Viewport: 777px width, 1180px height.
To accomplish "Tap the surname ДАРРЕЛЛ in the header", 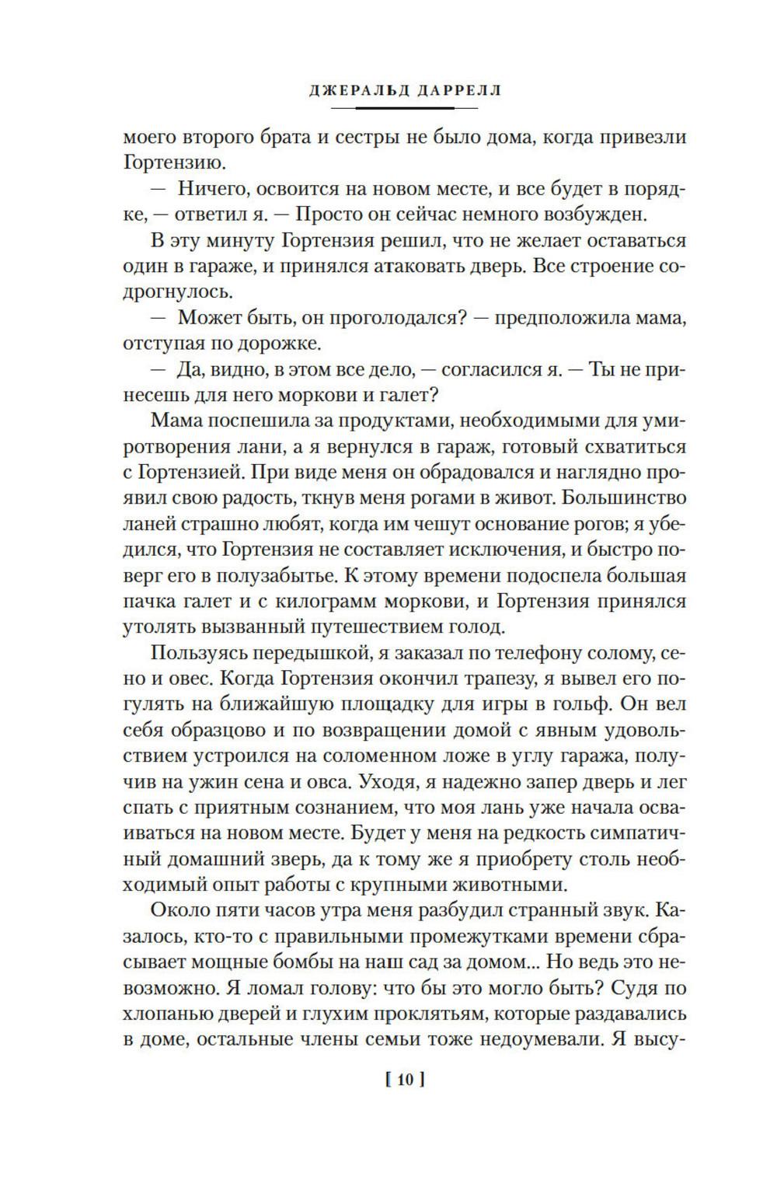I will coord(450,90).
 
